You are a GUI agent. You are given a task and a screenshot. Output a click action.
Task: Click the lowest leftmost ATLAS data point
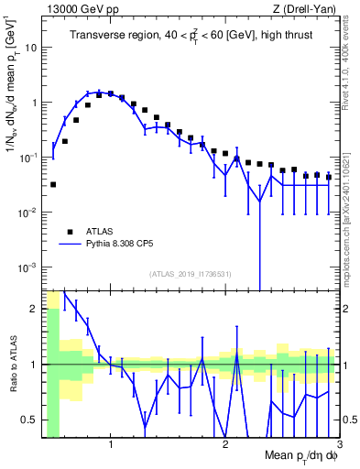coord(53,184)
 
